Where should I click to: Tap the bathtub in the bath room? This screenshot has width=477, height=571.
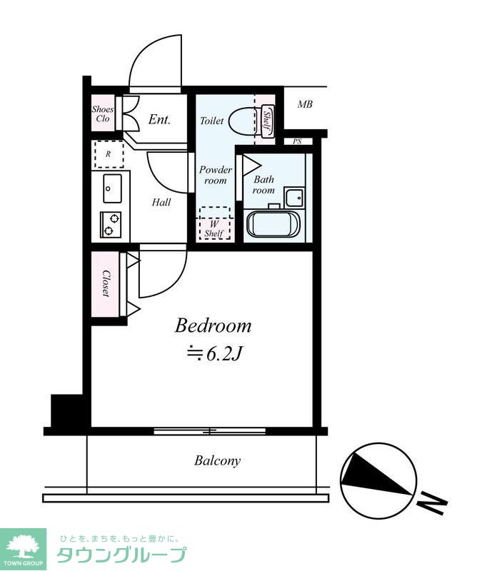click(x=273, y=224)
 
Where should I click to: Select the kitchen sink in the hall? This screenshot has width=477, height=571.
click(x=112, y=188)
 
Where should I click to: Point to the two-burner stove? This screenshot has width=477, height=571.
click(x=111, y=224)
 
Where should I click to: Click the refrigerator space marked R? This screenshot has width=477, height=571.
click(x=109, y=154)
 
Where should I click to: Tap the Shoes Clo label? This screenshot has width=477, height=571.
click(x=102, y=113)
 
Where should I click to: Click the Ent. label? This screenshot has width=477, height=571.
click(x=160, y=119)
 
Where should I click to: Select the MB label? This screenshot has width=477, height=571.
click(x=305, y=104)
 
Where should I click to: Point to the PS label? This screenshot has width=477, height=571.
click(x=297, y=141)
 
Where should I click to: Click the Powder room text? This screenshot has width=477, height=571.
click(x=216, y=175)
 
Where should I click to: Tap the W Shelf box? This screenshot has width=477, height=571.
click(x=215, y=223)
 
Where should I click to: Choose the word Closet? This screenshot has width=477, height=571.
click(x=106, y=283)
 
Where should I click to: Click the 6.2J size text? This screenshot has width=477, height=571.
click(x=214, y=353)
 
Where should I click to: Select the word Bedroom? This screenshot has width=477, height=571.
click(x=214, y=326)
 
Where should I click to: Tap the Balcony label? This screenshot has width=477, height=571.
click(x=218, y=461)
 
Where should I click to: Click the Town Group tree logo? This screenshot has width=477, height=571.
click(x=23, y=550)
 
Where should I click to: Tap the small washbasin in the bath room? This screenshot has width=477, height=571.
click(x=294, y=198)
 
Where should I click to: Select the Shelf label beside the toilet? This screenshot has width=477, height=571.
click(x=267, y=121)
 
